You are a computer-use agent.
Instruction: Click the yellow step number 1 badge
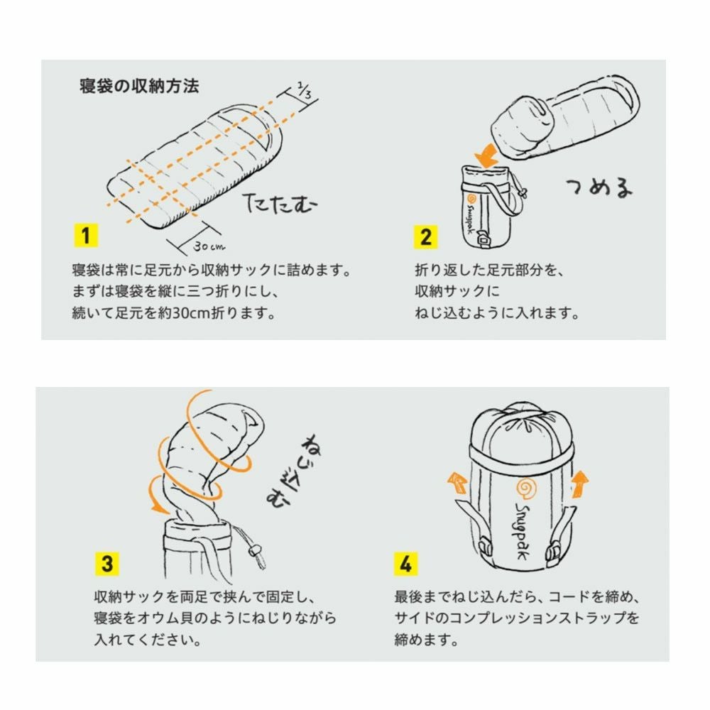click(85, 236)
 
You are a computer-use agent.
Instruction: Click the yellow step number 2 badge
click(425, 236)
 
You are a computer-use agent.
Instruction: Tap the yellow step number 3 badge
click(106, 564)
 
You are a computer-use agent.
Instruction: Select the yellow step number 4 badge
click(405, 564)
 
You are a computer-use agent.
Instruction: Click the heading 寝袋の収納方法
click(139, 87)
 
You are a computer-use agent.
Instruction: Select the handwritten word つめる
click(598, 187)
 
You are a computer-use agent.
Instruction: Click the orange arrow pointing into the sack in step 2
click(487, 153)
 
